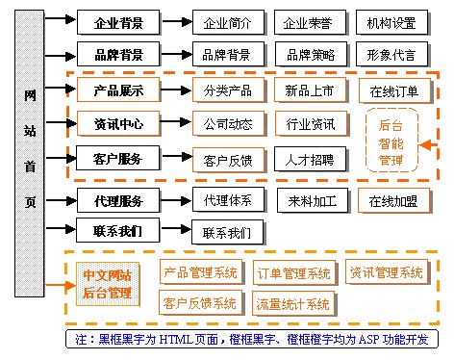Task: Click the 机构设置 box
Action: tap(392, 21)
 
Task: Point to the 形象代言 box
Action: tap(392, 54)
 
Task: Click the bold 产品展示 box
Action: tap(118, 90)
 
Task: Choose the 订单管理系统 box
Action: tap(295, 273)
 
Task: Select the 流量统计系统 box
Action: tap(292, 304)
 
